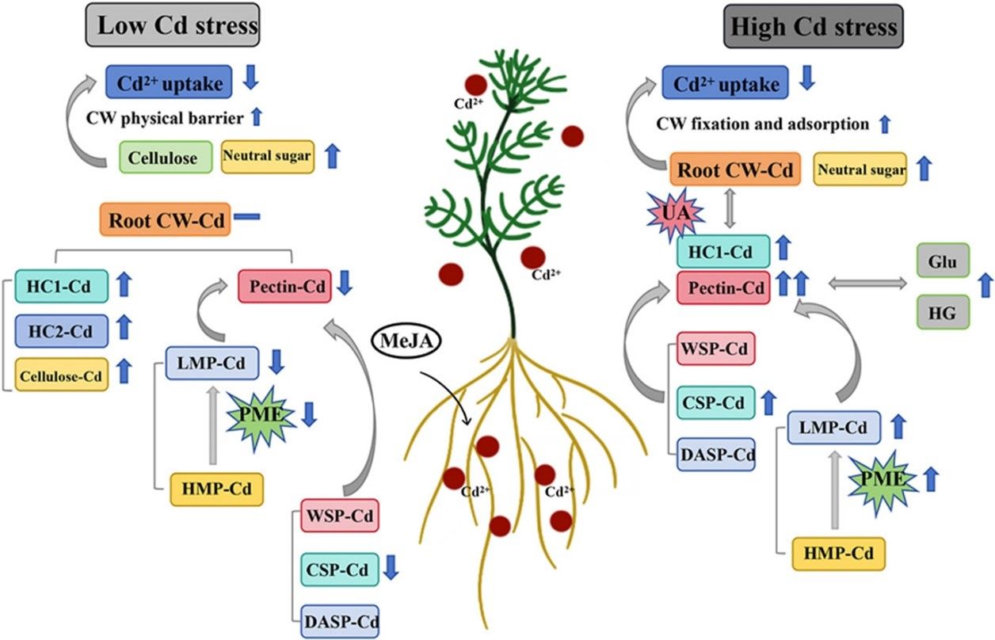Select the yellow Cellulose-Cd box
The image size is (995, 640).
tap(61, 374)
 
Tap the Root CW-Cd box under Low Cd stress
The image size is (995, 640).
tap(165, 219)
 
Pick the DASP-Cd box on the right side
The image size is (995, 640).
tap(717, 455)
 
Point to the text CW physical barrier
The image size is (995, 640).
tap(165, 118)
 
